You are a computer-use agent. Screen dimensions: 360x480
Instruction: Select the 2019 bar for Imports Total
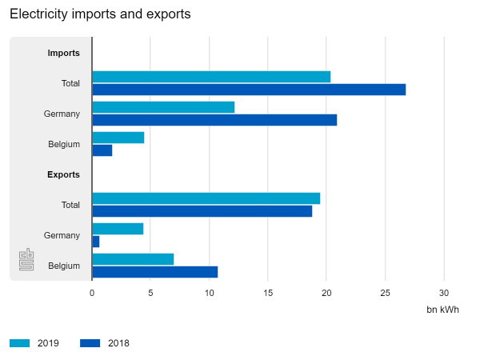211,77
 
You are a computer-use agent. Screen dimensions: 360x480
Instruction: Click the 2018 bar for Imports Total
249,90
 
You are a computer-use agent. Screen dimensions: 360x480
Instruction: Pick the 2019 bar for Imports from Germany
163,107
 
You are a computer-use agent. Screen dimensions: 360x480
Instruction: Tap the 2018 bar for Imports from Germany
214,120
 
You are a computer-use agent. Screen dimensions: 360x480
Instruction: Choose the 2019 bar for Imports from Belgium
118,138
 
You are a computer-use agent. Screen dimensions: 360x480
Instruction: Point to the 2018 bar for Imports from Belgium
102,150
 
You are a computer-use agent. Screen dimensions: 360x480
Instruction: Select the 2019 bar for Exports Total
206,198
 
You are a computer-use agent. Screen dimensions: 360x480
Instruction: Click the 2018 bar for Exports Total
202,211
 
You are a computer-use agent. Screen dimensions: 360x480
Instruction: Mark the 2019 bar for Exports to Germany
118,229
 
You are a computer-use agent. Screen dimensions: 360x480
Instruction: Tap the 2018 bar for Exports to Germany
96,242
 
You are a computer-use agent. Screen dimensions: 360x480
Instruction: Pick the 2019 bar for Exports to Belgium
133,259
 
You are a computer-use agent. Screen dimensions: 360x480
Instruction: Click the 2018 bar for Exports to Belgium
155,272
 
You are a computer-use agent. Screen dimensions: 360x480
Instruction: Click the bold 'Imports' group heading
64,53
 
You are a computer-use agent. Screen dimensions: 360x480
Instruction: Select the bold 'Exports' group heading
64,174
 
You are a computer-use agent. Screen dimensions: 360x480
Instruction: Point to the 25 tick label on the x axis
386,293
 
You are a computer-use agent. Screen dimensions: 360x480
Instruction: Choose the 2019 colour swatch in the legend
20,343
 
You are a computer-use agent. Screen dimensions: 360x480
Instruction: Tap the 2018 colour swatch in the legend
90,343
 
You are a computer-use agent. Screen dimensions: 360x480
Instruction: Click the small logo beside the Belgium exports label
27,261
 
